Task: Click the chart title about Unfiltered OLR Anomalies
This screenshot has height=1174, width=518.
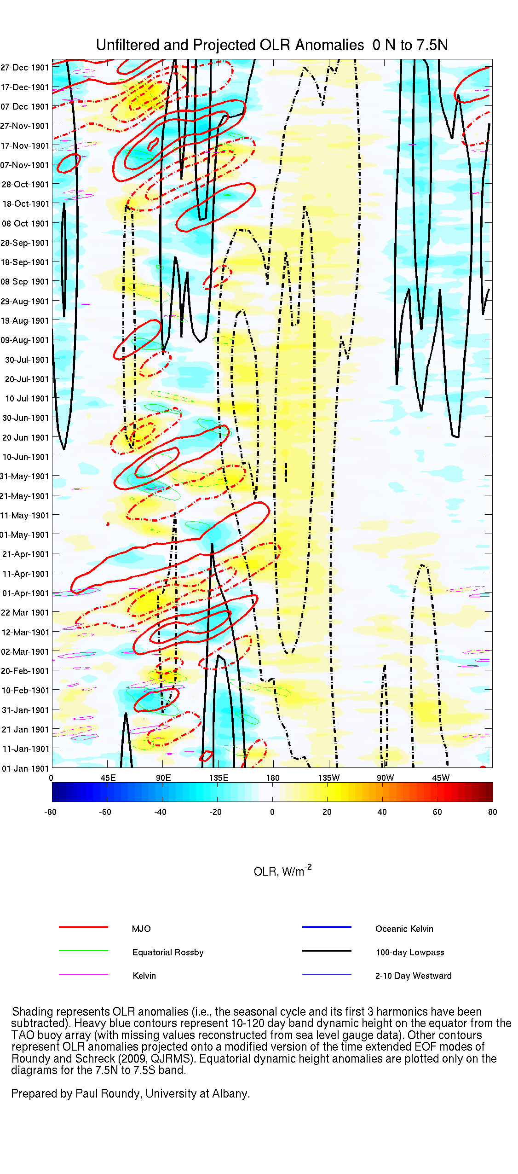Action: [x=271, y=45]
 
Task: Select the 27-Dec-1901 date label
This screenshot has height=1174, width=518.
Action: [x=25, y=68]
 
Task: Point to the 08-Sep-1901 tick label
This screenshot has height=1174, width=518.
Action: [x=25, y=282]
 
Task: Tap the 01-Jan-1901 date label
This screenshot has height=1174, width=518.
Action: [x=25, y=768]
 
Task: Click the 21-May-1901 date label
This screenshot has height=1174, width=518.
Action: [x=25, y=496]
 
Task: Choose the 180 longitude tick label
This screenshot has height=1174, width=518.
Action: [x=273, y=778]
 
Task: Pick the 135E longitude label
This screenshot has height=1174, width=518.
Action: [x=219, y=778]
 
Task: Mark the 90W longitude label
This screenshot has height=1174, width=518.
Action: [x=385, y=778]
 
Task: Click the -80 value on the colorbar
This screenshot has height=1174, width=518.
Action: [x=50, y=812]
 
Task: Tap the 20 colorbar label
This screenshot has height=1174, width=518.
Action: [x=327, y=812]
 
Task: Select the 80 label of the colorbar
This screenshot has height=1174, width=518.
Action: [x=492, y=812]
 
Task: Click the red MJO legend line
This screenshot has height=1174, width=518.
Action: [x=83, y=927]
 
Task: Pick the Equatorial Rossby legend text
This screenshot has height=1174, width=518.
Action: [x=167, y=952]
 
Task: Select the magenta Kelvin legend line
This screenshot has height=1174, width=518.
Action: [x=83, y=974]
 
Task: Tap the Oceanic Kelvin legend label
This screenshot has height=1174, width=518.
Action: [x=404, y=929]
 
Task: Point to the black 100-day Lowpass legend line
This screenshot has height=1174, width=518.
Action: [x=327, y=951]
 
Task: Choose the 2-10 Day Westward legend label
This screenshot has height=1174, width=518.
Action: [x=413, y=976]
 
